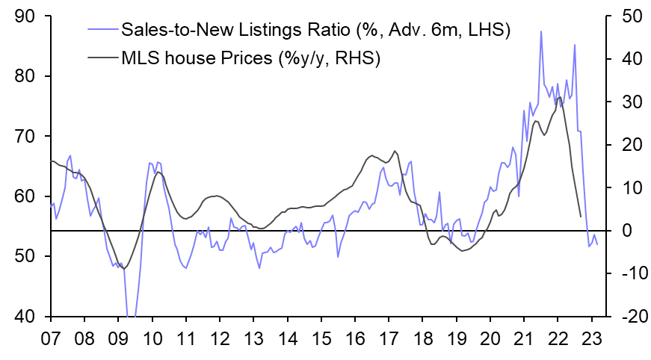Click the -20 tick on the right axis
click(625, 317)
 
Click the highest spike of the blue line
click(541, 31)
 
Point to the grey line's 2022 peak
click(560, 97)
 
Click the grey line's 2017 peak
click(395, 152)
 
